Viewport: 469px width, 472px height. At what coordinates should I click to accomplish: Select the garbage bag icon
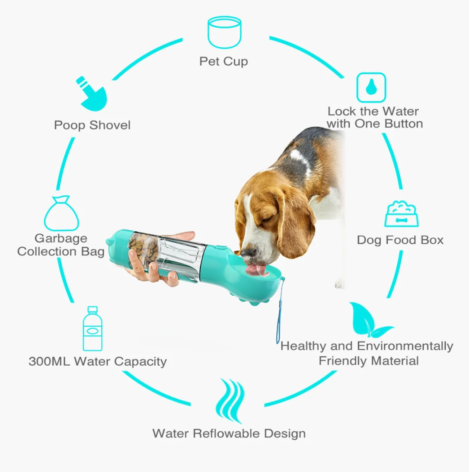(62, 214)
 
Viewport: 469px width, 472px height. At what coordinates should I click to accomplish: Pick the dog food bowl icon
(401, 214)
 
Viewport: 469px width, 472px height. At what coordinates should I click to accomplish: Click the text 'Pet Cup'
(223, 61)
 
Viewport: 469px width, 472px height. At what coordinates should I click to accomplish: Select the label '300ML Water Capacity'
(98, 361)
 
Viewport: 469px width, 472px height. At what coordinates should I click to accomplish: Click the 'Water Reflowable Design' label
(229, 433)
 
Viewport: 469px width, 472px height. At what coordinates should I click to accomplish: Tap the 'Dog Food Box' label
(400, 240)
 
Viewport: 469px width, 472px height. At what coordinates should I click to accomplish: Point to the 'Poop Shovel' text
(92, 125)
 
